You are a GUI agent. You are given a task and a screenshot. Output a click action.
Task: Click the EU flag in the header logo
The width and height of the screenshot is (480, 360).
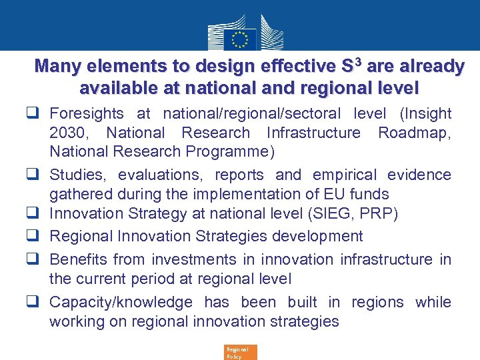240,38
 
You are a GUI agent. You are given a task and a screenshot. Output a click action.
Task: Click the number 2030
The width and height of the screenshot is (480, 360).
71,133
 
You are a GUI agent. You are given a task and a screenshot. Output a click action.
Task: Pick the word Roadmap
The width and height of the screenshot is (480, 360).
414,133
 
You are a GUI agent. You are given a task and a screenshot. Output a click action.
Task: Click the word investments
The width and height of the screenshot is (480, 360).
194,259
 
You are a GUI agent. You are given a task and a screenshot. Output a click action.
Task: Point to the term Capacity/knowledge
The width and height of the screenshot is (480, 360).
121,303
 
